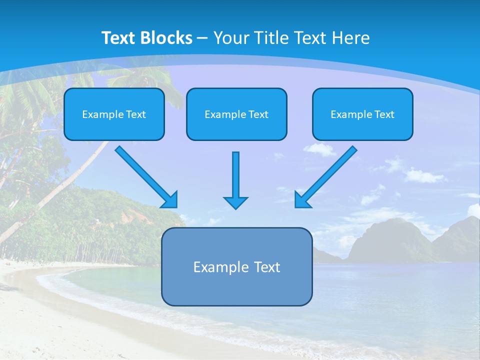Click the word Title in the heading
point(272,38)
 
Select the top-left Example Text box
point(114,114)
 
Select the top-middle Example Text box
point(236,114)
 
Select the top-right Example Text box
point(362,114)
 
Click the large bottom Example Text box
point(236,267)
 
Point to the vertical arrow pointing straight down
point(235,175)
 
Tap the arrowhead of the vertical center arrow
point(235,202)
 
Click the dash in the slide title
point(202,38)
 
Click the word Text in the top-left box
point(136,114)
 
